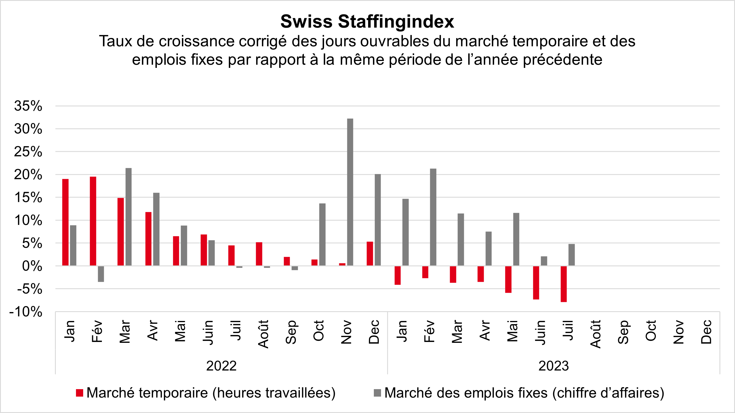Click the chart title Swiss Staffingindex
367,22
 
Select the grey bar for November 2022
350,192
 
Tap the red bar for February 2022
93,221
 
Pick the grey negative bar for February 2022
101,274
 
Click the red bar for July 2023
563,284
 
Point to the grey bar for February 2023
433,217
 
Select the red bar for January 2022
65,222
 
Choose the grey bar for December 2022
378,220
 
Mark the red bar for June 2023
536,283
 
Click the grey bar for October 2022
322,234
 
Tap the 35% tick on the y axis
28,106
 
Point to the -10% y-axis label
26,312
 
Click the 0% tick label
32,266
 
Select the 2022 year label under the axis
221,366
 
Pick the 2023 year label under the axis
553,366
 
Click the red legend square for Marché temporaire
79,393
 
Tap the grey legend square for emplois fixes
377,393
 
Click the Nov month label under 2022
346,332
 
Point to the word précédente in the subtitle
562,60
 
